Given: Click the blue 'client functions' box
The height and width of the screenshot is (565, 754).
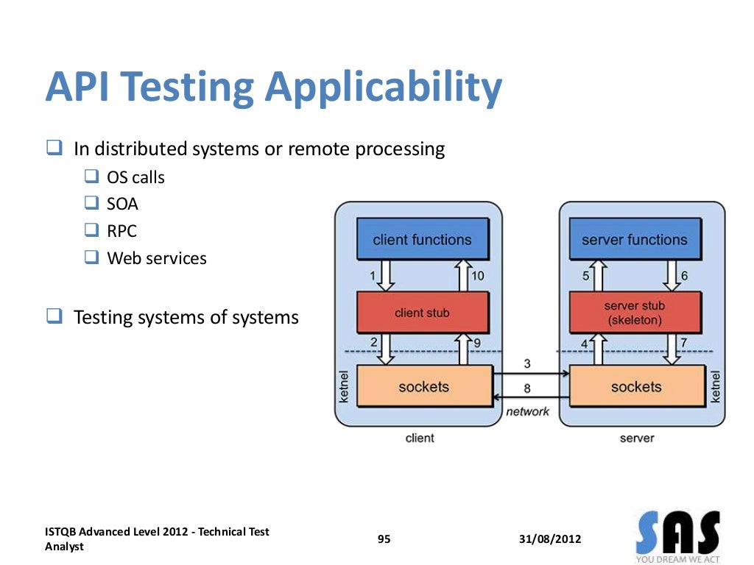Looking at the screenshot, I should pyautogui.click(x=422, y=239).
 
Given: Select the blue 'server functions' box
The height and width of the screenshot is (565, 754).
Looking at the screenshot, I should pyautogui.click(x=634, y=239).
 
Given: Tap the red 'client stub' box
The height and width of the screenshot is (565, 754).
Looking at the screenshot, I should pyautogui.click(x=422, y=313).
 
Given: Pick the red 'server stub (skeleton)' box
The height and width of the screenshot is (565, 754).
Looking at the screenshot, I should pyautogui.click(x=634, y=313).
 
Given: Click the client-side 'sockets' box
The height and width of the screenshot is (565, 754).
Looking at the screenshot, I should pyautogui.click(x=423, y=386).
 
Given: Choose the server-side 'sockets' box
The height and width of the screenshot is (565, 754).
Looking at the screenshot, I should pyautogui.click(x=636, y=386).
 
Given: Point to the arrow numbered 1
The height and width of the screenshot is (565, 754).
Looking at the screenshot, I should pyautogui.click(x=386, y=276).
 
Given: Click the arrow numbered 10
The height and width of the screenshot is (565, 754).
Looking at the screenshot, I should pyautogui.click(x=464, y=276).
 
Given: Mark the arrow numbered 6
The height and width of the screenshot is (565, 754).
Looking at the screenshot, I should pyautogui.click(x=672, y=276).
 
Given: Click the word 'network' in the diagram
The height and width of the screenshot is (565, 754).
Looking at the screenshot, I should pyautogui.click(x=527, y=412).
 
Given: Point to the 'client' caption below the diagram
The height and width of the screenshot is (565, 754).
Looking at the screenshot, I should pyautogui.click(x=420, y=438).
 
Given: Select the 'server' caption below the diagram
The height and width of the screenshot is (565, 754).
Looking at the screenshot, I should pyautogui.click(x=637, y=438).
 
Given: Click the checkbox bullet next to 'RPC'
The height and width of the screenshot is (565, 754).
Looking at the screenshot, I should pyautogui.click(x=91, y=230).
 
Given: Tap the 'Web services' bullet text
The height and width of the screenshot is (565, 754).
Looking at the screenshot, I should pyautogui.click(x=157, y=258).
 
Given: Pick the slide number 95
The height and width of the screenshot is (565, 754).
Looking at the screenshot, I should pyautogui.click(x=384, y=539).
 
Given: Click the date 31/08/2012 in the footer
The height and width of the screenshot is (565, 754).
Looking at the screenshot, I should pyautogui.click(x=549, y=539).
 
